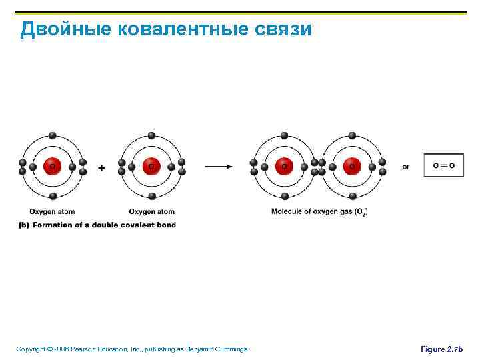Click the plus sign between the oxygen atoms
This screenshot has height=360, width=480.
[x=101, y=168]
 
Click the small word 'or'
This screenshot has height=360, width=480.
[x=406, y=167]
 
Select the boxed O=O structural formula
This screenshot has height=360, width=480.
[x=444, y=165]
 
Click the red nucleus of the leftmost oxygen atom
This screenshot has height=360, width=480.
[x=53, y=166]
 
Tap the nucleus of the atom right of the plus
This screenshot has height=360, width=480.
[x=151, y=166]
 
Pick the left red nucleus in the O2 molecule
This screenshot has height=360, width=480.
[x=285, y=166]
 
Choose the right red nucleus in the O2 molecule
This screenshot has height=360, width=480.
[x=351, y=166]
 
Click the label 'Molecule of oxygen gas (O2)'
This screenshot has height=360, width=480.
[x=319, y=211]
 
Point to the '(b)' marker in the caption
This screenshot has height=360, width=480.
[x=23, y=225]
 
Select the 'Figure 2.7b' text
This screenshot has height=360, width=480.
[x=441, y=349]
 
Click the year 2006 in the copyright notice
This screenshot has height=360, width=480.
[x=61, y=349]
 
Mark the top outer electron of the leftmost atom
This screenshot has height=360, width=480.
[x=53, y=135]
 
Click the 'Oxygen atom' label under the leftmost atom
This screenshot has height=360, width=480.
[x=52, y=211]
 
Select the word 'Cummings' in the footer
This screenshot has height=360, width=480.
[x=230, y=349]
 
